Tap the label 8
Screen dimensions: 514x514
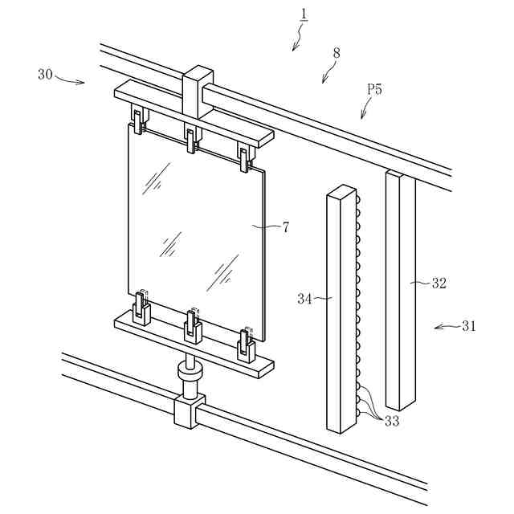click(x=336, y=53)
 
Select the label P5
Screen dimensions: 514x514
click(x=374, y=89)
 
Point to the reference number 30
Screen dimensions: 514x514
click(x=45, y=74)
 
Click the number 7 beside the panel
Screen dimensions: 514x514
click(x=285, y=227)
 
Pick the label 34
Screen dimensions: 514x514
click(x=305, y=299)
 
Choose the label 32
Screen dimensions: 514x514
click(x=439, y=283)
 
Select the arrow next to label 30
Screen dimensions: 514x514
click(x=72, y=80)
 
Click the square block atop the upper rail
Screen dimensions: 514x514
click(x=198, y=91)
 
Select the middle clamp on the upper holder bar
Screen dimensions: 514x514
click(x=191, y=139)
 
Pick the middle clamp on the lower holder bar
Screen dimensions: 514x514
click(x=193, y=324)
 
